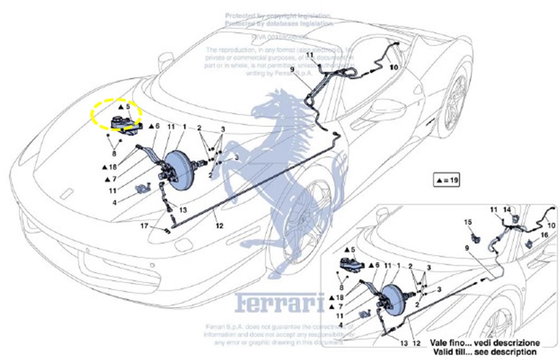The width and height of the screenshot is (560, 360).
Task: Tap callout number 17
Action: [x=144, y=226]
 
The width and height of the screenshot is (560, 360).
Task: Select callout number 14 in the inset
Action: [x=507, y=210]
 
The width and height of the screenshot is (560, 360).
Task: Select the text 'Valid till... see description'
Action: [x=485, y=351]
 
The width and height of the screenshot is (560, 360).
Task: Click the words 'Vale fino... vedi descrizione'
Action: [x=485, y=342]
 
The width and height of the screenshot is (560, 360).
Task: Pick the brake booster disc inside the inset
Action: [x=394, y=303]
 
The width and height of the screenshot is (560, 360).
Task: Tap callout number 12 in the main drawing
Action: [x=219, y=226]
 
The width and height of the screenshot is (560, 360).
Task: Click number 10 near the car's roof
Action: [x=394, y=66]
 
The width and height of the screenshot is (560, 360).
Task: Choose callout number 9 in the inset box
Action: [x=466, y=247]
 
